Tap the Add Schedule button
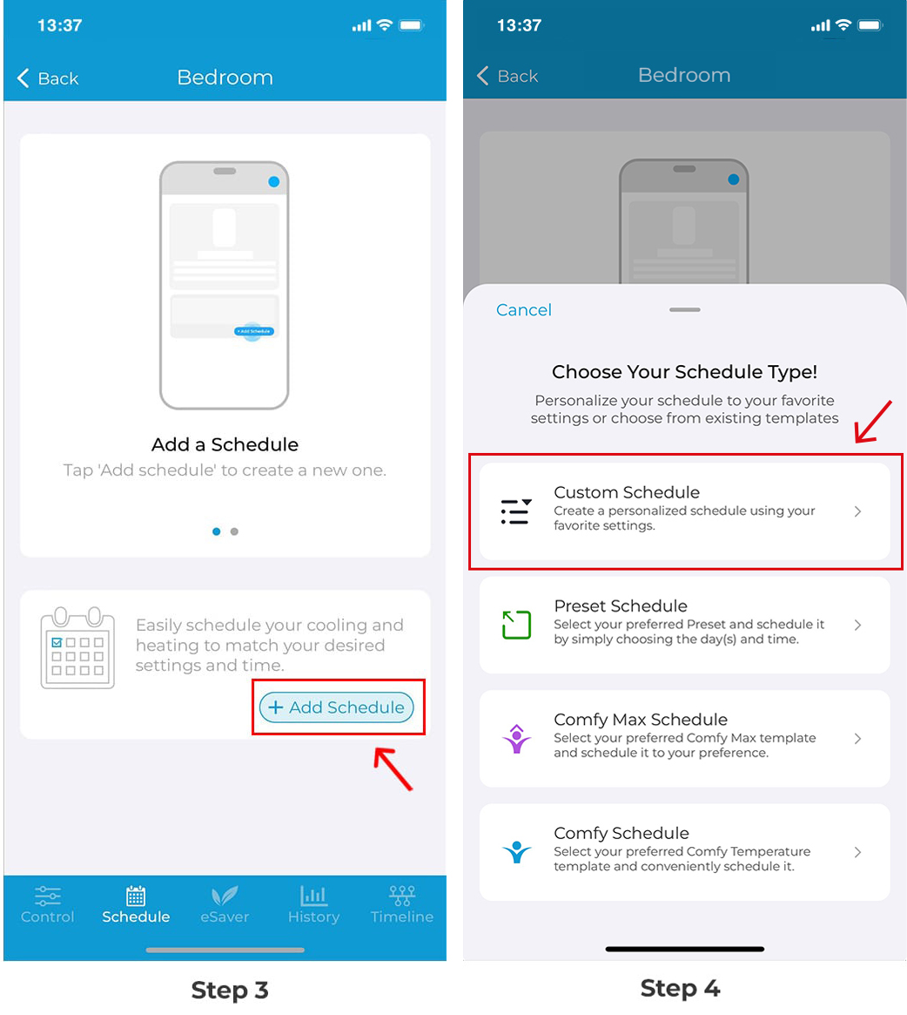click(336, 707)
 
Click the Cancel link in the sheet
click(523, 310)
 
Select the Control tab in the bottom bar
click(47, 905)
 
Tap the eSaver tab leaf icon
click(225, 896)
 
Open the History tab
click(313, 905)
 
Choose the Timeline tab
click(402, 905)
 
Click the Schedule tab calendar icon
click(136, 896)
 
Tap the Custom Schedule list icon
click(516, 511)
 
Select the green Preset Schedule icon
click(516, 625)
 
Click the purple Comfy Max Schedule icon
click(516, 739)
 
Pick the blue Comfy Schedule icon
click(516, 852)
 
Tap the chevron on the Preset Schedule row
click(858, 625)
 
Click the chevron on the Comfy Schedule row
click(858, 852)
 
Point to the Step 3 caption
click(230, 991)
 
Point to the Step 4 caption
click(680, 989)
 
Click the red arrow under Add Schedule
click(393, 768)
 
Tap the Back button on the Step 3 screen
click(48, 78)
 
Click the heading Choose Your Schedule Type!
click(684, 371)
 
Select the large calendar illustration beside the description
click(77, 647)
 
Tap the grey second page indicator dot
click(234, 531)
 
